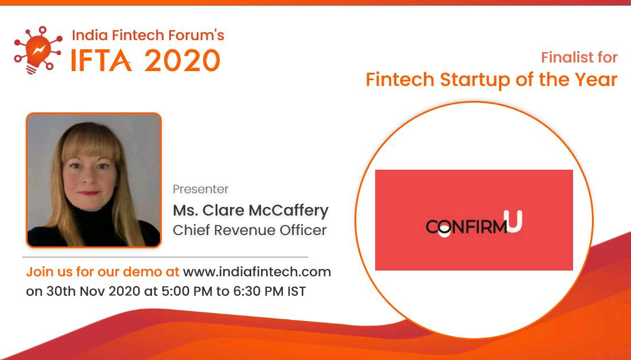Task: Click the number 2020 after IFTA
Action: (x=182, y=60)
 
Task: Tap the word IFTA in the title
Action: (x=101, y=60)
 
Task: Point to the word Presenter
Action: (x=201, y=189)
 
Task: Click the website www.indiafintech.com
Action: (x=257, y=272)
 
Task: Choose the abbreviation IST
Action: (x=296, y=291)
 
